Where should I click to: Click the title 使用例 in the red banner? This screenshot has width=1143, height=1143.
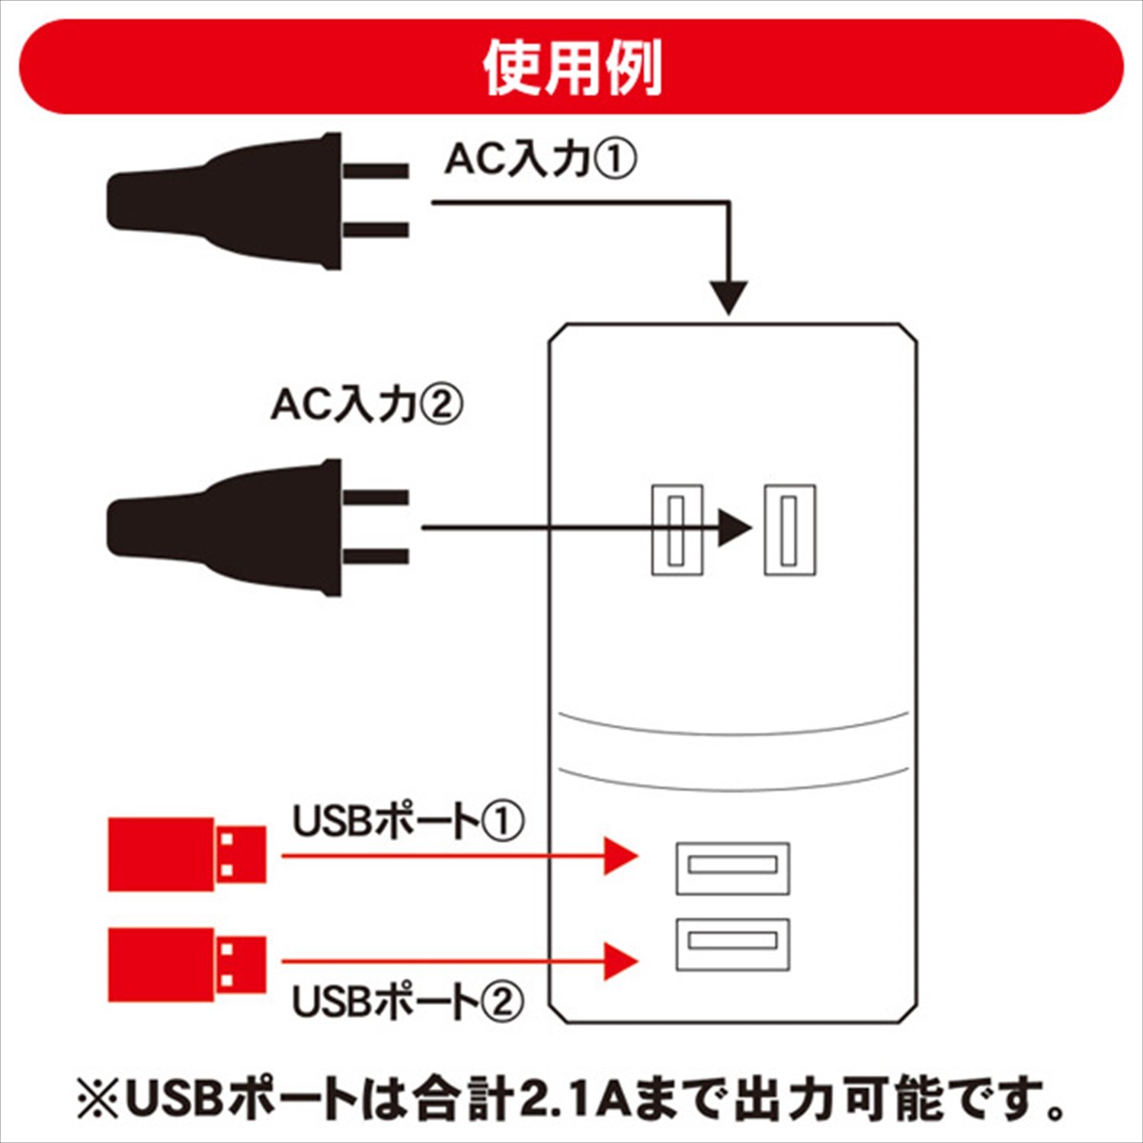(571, 69)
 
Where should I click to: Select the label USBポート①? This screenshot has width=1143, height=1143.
(408, 822)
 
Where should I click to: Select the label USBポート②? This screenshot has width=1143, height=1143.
(408, 1001)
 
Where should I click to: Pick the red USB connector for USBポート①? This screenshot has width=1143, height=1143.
(187, 854)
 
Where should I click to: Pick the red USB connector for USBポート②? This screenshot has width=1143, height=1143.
(187, 964)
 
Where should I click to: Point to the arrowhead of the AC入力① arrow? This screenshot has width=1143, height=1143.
(729, 297)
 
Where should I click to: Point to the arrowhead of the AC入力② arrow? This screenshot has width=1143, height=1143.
(734, 527)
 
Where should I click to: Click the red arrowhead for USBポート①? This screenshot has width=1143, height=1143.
(620, 856)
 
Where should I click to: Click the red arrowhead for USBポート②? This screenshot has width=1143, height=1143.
(620, 962)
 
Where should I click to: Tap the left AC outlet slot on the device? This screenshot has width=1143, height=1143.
(676, 530)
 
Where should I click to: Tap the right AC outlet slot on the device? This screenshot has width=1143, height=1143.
(790, 530)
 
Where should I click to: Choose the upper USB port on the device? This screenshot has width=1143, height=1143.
(732, 868)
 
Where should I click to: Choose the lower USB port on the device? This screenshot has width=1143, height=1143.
(732, 944)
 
